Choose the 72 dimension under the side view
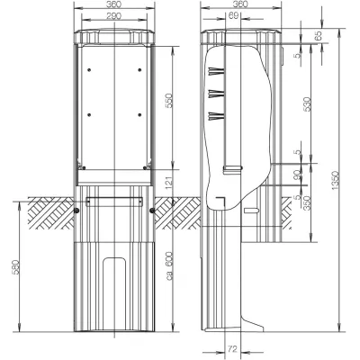232,346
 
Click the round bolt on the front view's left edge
75,211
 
